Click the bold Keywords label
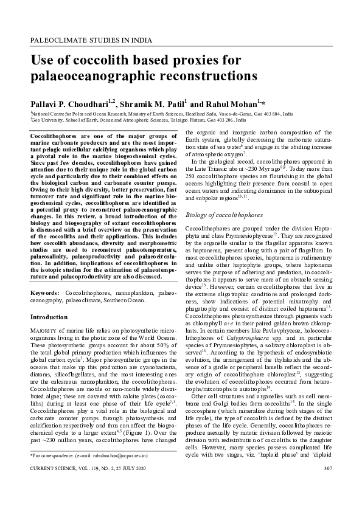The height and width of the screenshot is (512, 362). pyautogui.click(x=44, y=293)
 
